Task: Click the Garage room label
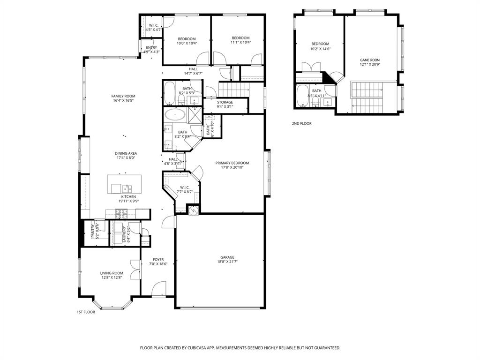(227, 257)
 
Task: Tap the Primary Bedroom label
(232, 163)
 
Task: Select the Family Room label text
(123, 96)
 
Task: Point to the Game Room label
(369, 60)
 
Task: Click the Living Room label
(112, 273)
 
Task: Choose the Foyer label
(158, 259)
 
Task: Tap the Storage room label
(225, 102)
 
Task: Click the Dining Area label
(126, 153)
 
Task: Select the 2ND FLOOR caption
(301, 124)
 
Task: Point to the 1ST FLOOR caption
(86, 312)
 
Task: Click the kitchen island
(124, 184)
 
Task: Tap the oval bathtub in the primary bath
(174, 114)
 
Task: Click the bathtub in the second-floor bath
(302, 96)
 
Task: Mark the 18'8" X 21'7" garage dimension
(227, 262)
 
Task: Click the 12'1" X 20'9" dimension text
(369, 65)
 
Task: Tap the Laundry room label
(124, 233)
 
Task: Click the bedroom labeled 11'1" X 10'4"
(240, 40)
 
